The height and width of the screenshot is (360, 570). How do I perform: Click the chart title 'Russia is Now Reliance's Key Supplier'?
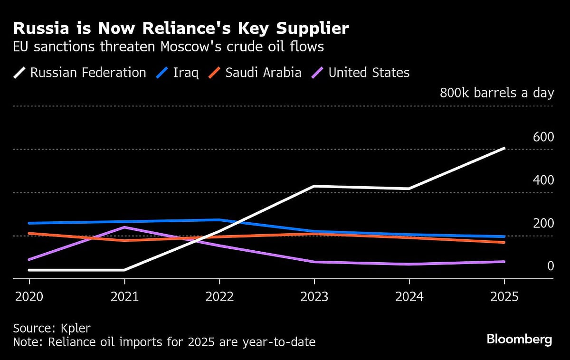pos(181,28)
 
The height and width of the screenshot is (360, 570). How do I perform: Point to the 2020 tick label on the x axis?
pos(29,297)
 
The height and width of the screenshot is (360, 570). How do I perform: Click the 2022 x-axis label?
pos(219,297)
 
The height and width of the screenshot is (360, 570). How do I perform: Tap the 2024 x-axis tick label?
pos(409,297)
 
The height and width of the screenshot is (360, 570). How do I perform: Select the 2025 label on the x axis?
pos(504,297)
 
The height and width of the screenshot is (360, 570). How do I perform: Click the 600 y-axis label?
pos(543,137)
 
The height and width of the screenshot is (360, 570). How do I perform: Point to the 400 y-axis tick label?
pos(543,180)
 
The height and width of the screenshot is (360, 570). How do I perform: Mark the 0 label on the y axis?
pos(551,266)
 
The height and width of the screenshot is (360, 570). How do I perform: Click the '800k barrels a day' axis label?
pos(497,93)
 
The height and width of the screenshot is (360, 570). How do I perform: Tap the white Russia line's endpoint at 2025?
pos(504,148)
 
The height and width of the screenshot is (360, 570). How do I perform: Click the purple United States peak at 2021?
pos(124,227)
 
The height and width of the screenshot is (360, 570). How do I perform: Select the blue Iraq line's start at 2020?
pos(29,223)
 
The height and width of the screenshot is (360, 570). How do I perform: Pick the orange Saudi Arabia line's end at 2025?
pos(504,242)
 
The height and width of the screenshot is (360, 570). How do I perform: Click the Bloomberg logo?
pos(519,339)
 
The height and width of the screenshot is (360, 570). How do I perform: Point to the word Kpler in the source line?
pos(75,328)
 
